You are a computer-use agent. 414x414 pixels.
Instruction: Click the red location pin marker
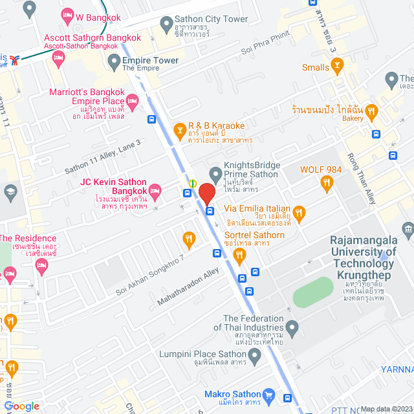coord(206,194)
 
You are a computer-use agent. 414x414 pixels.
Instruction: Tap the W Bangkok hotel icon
coord(66,15)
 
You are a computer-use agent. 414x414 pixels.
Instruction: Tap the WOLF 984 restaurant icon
coord(327,182)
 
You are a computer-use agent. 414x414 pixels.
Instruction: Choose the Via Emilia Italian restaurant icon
coord(299,212)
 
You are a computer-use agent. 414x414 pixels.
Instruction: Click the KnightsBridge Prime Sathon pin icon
coord(215,175)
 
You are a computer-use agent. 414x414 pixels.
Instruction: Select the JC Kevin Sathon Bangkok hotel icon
coord(154,190)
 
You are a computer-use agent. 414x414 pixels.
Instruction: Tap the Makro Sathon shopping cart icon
coord(270,395)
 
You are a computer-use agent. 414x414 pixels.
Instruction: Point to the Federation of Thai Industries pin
coord(292,329)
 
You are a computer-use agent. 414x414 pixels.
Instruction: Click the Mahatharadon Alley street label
coord(188,288)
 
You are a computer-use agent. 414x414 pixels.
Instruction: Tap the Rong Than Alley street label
coord(371,180)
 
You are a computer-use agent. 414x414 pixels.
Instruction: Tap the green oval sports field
coord(313,292)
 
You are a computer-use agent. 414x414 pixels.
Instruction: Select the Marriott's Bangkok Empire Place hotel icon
coord(133,100)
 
